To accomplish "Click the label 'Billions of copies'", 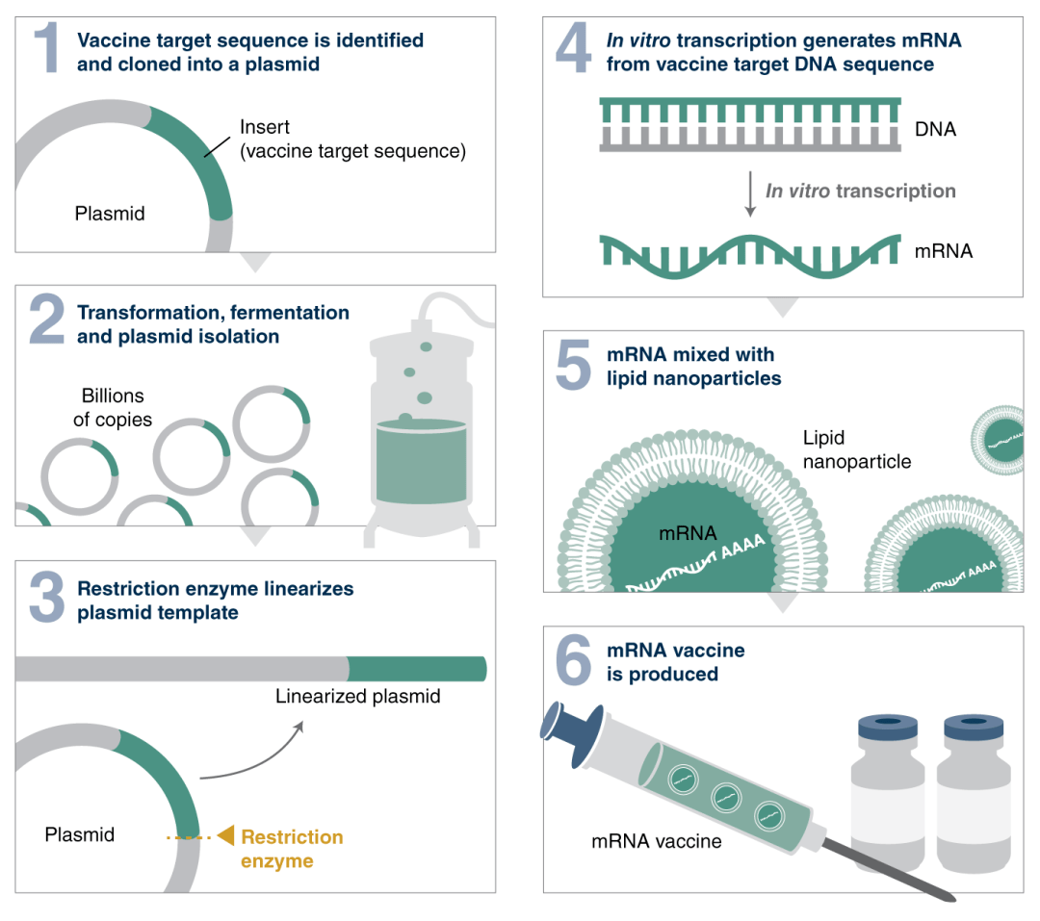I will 113,407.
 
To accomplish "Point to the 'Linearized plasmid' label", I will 357,696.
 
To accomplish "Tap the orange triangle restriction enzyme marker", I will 225,835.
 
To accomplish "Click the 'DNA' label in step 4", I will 935,128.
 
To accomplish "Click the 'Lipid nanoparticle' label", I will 857,449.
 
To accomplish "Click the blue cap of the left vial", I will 885,730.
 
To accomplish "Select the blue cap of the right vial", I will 974,730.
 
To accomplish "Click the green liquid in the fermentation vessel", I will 421,463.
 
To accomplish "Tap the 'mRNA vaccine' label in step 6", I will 656,841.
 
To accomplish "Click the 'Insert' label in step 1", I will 265,127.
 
